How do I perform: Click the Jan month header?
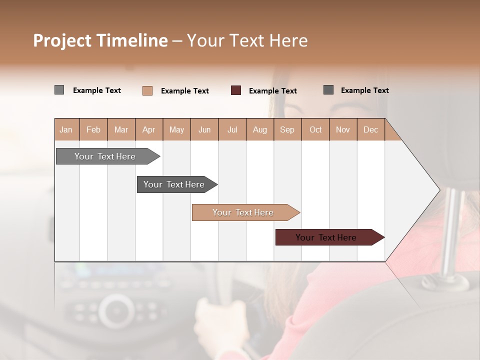[x=66, y=129]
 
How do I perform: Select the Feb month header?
[x=93, y=129]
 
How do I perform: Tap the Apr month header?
[x=148, y=129]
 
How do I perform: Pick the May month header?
[x=176, y=129]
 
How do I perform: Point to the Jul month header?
[x=232, y=129]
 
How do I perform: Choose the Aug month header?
[x=260, y=129]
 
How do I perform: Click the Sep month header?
[x=287, y=129]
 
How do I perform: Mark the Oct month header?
[x=315, y=129]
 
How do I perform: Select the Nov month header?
[x=343, y=129]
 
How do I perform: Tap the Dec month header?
[x=370, y=129]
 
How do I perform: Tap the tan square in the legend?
[x=147, y=90]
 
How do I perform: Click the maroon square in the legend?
[x=236, y=90]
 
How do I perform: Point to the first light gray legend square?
[x=59, y=90]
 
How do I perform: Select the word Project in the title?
[x=62, y=40]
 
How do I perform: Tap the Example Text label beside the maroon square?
[x=273, y=91]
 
